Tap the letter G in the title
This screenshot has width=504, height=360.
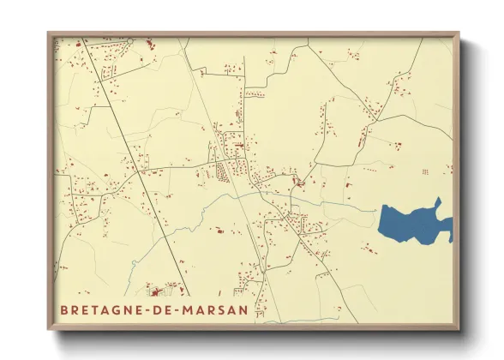pyautogui.click(x=116, y=309)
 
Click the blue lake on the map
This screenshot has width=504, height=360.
pyautogui.click(x=411, y=224)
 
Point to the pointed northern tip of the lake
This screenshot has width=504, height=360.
pyautogui.click(x=438, y=201)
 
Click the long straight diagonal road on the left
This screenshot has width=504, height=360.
pyautogui.click(x=137, y=163)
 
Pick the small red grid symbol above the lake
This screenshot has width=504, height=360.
pyautogui.click(x=424, y=172)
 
